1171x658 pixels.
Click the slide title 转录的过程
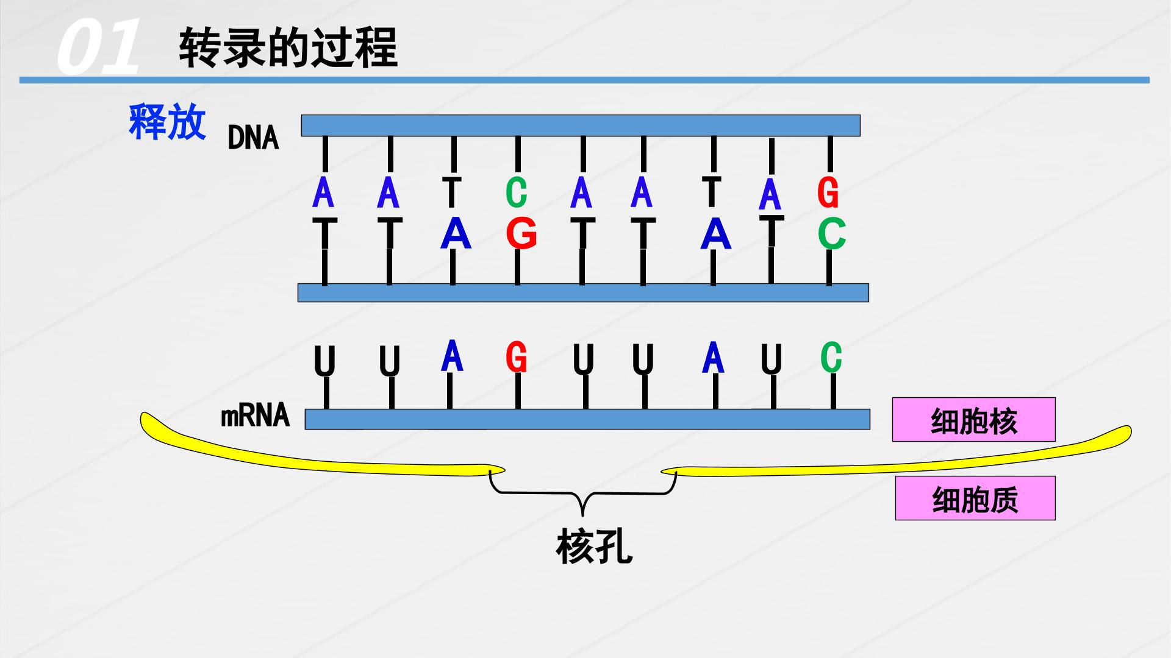coord(288,47)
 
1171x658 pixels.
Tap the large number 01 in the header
coord(98,47)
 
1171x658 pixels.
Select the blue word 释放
coord(167,122)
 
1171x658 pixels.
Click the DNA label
coord(253,138)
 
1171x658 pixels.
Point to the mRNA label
coord(255,416)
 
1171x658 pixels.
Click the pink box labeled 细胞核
coord(973,419)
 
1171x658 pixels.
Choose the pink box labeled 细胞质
coord(975,498)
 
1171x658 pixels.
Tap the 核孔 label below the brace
coord(594,547)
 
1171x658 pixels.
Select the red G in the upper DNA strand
coord(828,193)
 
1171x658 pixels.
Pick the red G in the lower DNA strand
coord(521,233)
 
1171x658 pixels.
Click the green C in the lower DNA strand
coord(832,233)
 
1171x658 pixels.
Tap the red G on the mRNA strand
coord(516,356)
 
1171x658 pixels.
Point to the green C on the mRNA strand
coord(831,357)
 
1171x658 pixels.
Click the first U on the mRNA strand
coord(324,361)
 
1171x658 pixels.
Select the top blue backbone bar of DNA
coord(581,126)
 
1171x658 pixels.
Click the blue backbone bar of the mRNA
coord(587,419)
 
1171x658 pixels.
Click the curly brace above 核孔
coord(584,493)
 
